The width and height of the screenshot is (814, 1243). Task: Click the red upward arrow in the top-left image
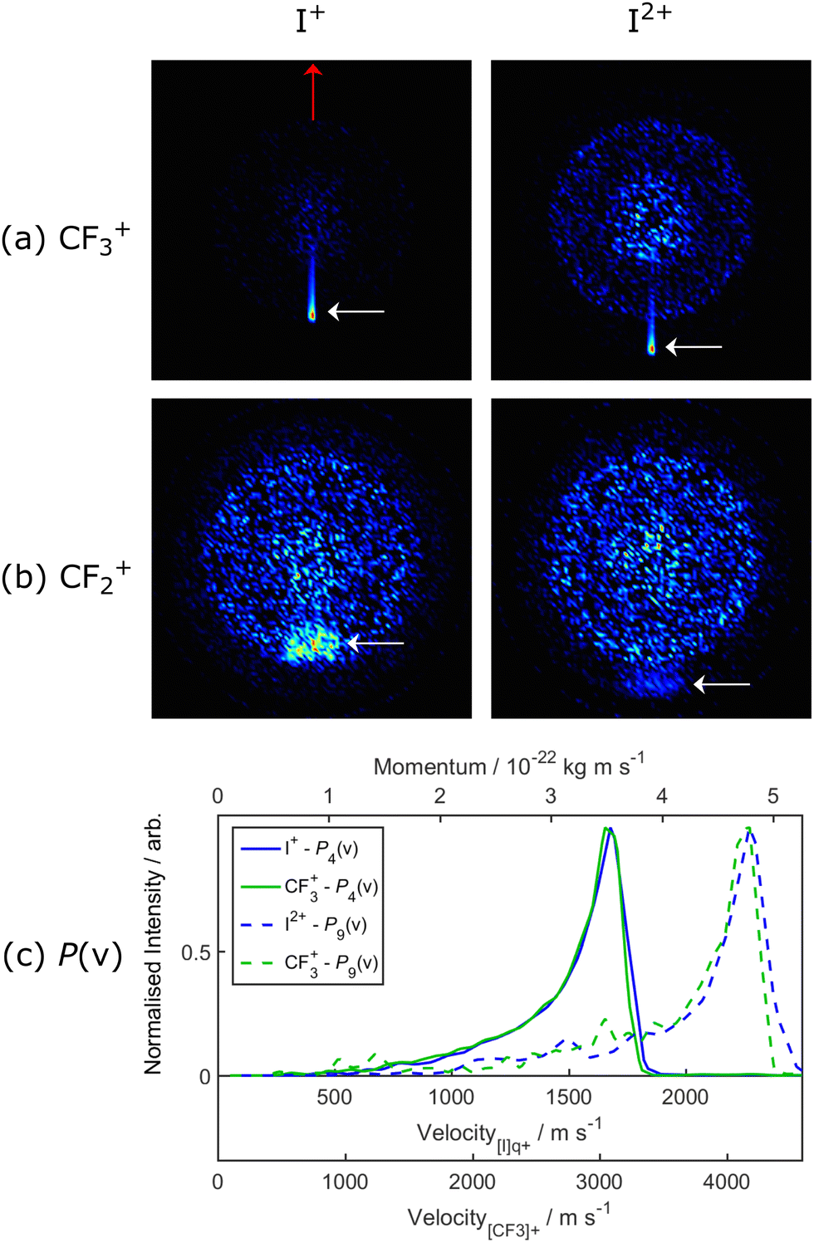click(313, 91)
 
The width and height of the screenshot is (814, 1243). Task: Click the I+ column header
click(310, 20)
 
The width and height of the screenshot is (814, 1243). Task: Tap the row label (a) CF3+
click(66, 239)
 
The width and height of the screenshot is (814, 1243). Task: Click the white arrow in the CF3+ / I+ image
click(356, 311)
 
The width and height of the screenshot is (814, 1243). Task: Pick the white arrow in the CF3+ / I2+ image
click(694, 347)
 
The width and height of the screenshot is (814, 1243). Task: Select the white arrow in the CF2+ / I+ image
click(375, 643)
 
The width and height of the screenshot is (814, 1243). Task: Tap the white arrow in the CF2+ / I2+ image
click(722, 684)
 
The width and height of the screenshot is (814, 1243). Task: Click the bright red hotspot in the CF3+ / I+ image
click(312, 315)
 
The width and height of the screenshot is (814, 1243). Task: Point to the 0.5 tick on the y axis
click(196, 952)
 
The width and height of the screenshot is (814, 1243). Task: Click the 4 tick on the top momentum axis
click(662, 796)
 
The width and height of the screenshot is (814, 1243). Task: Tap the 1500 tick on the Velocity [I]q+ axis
click(568, 1097)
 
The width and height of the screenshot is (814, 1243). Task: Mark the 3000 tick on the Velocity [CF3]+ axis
click(600, 1182)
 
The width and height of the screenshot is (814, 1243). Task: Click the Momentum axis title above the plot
click(508, 766)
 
